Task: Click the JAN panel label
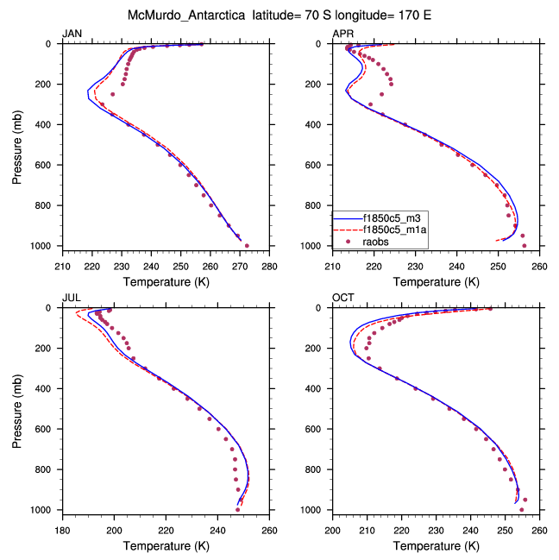point(72,34)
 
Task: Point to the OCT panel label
point(342,298)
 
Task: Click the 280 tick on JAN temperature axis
point(269,266)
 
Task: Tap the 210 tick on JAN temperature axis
point(62,266)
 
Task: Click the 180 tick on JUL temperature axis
point(62,530)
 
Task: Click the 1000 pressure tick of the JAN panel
point(44,246)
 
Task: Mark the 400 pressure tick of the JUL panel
point(47,388)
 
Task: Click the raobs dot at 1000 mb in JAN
point(247,246)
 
